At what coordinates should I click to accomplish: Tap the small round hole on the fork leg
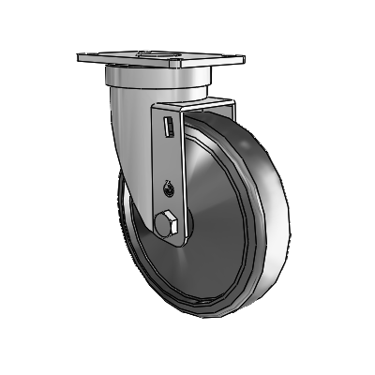(x=168, y=188)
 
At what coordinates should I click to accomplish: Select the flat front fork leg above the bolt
(x=167, y=159)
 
